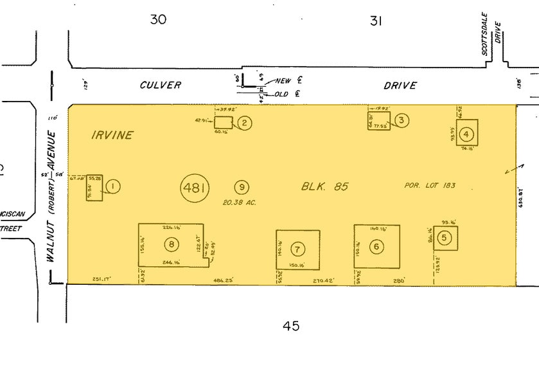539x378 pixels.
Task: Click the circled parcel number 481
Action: (x=194, y=188)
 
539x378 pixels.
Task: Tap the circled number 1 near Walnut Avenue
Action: (x=112, y=186)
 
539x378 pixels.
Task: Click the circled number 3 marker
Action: (x=401, y=120)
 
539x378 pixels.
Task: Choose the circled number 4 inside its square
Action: (x=467, y=134)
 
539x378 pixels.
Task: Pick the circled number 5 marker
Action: (x=444, y=238)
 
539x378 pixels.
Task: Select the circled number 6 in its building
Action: (x=376, y=246)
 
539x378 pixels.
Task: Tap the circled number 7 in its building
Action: (x=297, y=249)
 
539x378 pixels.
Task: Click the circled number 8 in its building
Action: (x=171, y=244)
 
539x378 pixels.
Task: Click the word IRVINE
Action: (x=112, y=135)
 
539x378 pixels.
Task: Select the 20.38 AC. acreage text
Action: (x=240, y=203)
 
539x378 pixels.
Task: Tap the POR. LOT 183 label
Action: (x=430, y=186)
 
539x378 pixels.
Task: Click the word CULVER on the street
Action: (x=161, y=85)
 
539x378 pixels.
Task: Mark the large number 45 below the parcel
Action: (x=291, y=326)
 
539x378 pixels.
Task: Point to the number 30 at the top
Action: (x=158, y=19)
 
